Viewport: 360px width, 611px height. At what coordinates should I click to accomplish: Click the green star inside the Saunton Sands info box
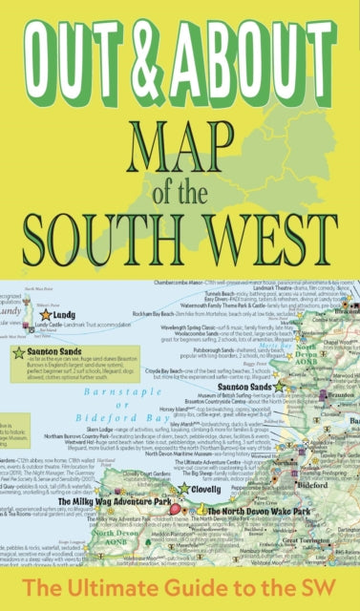(19, 353)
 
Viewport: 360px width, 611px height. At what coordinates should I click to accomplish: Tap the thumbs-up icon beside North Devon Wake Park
(198, 511)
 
